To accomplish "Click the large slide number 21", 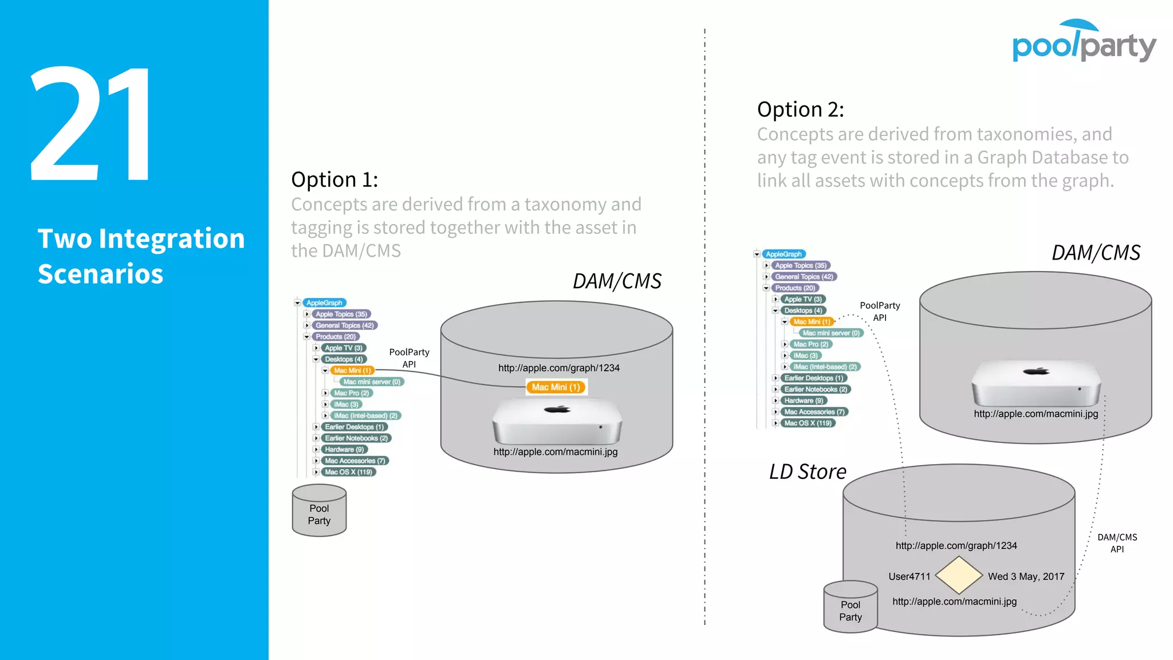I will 92,123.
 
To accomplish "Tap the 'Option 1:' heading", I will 334,180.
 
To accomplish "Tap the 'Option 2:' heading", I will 800,109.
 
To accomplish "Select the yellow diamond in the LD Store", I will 959,575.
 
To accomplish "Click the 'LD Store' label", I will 808,472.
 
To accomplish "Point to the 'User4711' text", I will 909,576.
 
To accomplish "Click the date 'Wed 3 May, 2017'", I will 1026,576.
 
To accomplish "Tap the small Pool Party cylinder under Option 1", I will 319,511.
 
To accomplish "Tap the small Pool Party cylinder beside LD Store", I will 851,607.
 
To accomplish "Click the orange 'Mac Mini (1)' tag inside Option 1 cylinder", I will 556,387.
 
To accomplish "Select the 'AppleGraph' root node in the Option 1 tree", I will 324,302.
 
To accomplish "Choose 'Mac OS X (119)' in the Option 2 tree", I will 808,423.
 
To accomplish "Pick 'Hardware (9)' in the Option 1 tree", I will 344,450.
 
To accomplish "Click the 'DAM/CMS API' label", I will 1117,543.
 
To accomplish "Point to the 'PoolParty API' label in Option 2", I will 880,311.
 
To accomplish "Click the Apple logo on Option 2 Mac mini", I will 1036,371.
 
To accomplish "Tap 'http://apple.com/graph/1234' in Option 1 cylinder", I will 558,368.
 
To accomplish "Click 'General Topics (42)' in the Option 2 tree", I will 804,277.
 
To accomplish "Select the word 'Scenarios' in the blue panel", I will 100,274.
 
